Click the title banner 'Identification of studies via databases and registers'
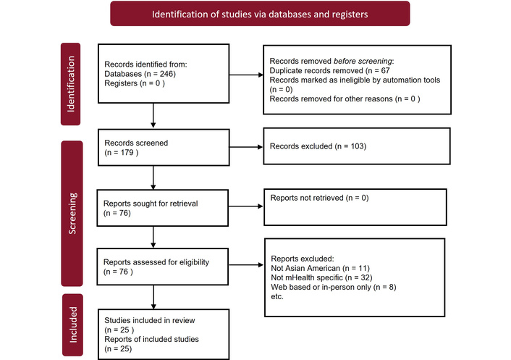260,14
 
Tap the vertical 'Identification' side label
70,84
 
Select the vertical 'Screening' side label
72,214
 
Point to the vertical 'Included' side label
72,325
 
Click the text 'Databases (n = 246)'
140,74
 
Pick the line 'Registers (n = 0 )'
135,83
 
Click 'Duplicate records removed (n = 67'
329,71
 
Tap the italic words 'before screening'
363,62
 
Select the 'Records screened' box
164,147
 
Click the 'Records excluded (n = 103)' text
318,146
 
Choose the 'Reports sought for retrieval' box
163,208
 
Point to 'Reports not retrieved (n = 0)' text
319,198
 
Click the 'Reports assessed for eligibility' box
163,267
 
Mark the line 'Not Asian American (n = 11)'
321,268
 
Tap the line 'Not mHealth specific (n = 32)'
321,278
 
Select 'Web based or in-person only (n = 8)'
334,288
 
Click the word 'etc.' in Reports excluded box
277,297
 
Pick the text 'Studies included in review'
150,321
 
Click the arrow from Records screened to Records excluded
246,147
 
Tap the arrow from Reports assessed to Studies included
153,297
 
